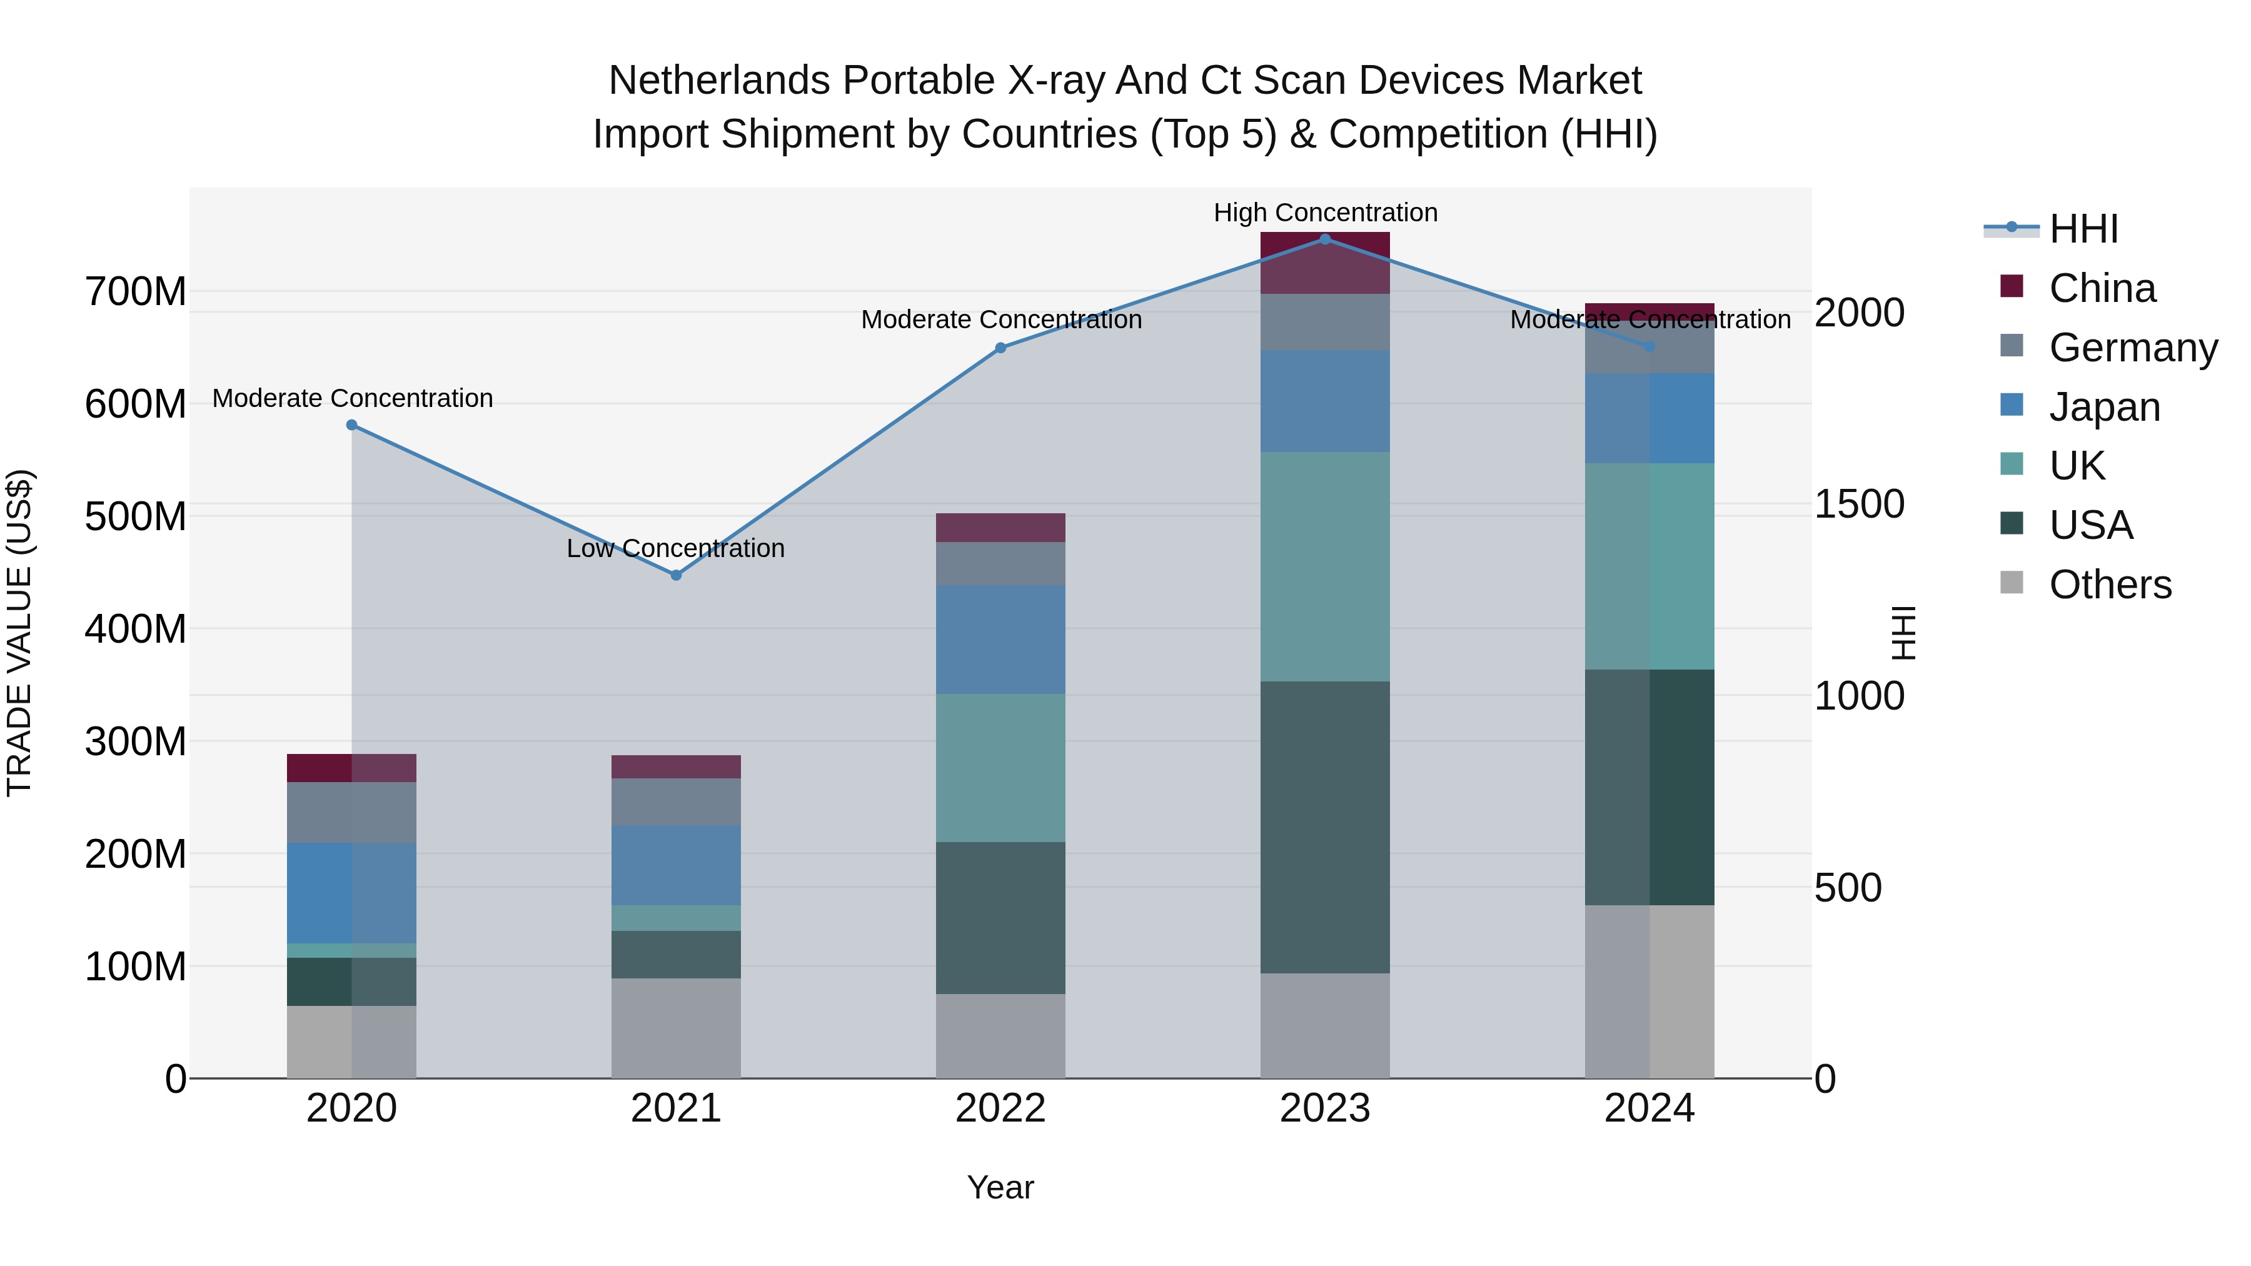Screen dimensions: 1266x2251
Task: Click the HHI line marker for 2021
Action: point(675,575)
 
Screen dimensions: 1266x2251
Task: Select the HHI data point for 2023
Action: point(1325,239)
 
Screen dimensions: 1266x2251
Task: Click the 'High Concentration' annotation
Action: point(1325,213)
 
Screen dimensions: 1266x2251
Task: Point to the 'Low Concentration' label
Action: point(675,549)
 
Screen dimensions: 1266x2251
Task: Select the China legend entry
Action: point(2102,288)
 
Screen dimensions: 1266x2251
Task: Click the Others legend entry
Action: point(2110,585)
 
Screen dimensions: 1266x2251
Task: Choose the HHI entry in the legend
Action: point(2083,229)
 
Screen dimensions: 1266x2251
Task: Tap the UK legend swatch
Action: point(2012,465)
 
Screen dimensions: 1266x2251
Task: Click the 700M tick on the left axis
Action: point(136,292)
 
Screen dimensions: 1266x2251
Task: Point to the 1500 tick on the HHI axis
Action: point(1859,504)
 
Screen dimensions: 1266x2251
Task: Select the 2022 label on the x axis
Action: point(1000,1108)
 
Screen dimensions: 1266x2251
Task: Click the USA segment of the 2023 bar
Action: point(1325,826)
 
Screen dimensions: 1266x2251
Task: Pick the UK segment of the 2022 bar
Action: point(1000,767)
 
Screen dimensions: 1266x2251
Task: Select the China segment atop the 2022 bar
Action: point(1000,528)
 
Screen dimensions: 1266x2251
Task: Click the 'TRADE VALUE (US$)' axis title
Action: point(19,633)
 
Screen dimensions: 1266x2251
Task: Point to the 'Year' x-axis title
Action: point(1000,1187)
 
